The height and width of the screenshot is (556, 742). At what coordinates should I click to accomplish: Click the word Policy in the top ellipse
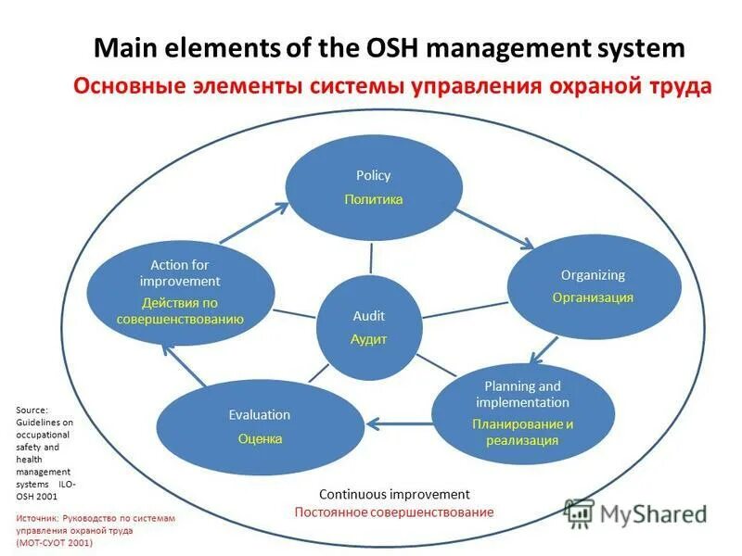click(373, 175)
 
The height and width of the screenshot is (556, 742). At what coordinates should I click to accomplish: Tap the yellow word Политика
click(373, 199)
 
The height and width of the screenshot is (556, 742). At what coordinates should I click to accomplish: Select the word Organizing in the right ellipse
click(593, 274)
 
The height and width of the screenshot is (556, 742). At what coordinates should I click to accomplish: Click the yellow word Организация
click(593, 297)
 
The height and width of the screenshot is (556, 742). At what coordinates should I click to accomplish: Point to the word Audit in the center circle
click(368, 316)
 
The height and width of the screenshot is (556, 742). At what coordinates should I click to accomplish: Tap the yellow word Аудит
click(368, 339)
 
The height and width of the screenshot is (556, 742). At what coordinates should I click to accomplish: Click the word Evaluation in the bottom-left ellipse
click(260, 414)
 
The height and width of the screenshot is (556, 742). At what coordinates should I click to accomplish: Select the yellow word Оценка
click(260, 438)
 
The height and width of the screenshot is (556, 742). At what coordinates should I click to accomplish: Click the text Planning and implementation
click(522, 394)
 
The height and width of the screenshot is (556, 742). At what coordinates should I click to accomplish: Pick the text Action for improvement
click(180, 272)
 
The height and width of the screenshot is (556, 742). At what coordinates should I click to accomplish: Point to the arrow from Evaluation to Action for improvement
click(182, 365)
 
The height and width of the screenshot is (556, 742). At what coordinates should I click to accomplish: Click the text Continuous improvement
click(394, 494)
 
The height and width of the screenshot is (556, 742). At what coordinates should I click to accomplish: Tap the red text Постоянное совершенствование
click(394, 512)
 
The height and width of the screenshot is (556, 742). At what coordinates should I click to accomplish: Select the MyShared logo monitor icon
click(579, 512)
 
